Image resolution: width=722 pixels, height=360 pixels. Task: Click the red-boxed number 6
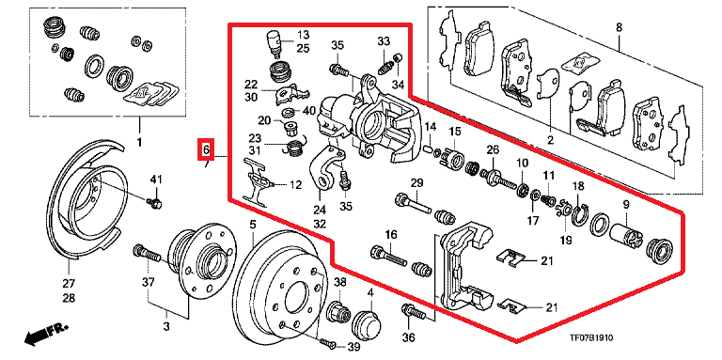[206, 149]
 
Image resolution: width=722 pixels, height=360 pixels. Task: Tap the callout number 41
[157, 180]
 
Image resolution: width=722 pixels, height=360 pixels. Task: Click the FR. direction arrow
[45, 333]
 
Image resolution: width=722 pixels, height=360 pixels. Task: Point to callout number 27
[69, 283]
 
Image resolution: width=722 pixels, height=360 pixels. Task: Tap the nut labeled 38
[338, 312]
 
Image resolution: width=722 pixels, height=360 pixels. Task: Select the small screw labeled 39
[326, 342]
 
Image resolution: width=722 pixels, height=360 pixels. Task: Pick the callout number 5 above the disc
[252, 225]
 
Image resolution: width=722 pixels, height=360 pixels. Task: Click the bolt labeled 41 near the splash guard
[156, 202]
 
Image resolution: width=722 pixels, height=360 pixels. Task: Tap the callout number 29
[416, 182]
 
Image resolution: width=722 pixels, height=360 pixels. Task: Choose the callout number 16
[391, 235]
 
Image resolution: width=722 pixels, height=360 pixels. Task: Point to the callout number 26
[492, 149]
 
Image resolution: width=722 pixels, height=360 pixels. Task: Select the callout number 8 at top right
[619, 27]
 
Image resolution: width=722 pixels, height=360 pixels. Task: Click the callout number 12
[295, 185]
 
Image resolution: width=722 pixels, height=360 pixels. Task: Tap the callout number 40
[308, 111]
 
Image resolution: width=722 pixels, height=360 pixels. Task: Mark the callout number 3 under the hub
[166, 327]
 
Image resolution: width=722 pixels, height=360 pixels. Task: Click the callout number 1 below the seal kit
[140, 143]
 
